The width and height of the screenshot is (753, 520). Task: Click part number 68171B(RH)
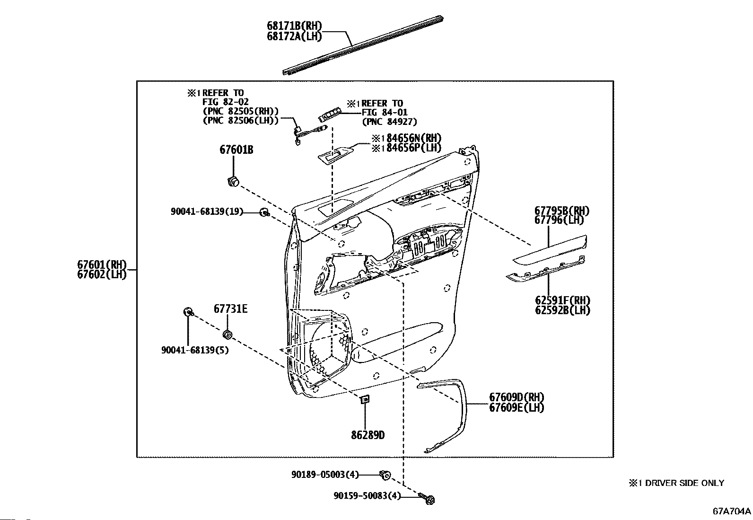tap(294, 26)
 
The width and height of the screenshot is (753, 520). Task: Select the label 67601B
tap(236, 150)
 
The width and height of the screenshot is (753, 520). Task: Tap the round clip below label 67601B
tap(233, 182)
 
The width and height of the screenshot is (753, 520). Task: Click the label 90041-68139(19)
tap(207, 212)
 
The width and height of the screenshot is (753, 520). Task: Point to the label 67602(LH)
tap(102, 274)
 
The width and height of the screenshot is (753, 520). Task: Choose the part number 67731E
tap(231, 309)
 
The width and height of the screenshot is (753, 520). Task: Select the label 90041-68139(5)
tap(195, 350)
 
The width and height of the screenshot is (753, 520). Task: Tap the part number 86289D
tap(368, 435)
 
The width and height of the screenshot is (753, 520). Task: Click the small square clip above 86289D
tap(365, 400)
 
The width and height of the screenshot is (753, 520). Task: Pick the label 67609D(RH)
tap(517, 397)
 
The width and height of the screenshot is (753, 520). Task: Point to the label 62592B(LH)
tap(562, 310)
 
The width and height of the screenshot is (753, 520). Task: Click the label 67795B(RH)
tap(562, 211)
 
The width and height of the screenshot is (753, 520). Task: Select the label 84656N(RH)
tap(414, 138)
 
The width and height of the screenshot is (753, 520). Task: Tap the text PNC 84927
tap(390, 122)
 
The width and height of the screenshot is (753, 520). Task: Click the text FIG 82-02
tap(225, 102)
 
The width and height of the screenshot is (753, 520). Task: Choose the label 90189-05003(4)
tap(325, 475)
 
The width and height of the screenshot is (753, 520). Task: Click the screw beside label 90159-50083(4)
tap(427, 498)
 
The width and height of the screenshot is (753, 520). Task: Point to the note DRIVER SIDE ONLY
tap(684, 483)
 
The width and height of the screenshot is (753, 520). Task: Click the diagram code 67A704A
tap(732, 511)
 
